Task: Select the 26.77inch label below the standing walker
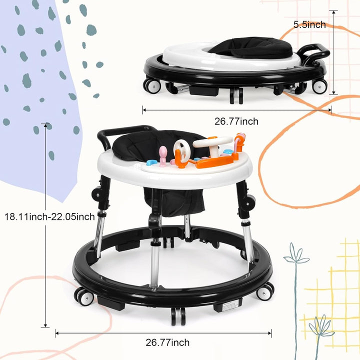167,342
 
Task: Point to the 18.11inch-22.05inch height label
49,216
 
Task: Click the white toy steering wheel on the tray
182,151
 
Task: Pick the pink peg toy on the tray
163,154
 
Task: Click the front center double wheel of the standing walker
178,315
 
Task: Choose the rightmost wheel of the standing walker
266,291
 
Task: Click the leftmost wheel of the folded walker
150,84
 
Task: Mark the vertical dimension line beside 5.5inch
332,52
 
